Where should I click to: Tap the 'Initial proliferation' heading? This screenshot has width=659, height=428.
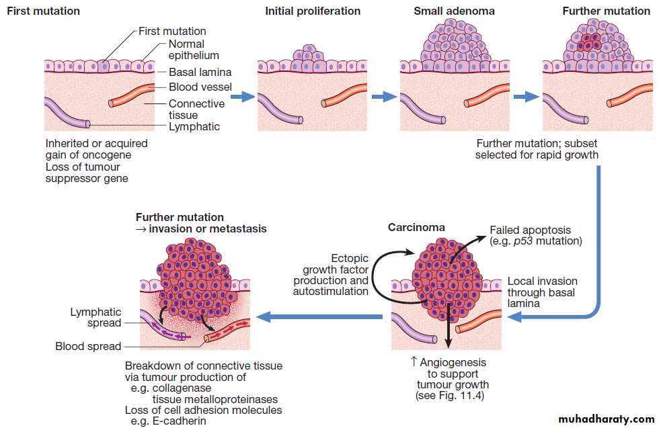(x=313, y=11)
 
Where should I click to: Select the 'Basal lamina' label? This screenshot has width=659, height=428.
(x=200, y=72)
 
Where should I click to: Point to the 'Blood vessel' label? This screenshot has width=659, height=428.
(x=200, y=87)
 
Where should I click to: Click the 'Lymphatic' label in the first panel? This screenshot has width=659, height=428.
(x=194, y=126)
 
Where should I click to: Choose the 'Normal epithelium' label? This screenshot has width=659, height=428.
(x=194, y=50)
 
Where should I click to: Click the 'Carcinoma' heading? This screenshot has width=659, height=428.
(x=416, y=227)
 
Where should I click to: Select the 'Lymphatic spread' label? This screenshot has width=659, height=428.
(x=95, y=317)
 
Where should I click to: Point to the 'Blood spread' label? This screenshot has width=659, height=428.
(x=88, y=346)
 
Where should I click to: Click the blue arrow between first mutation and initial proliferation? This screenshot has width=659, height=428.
(x=242, y=97)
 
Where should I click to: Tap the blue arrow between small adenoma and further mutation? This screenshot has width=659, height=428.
(x=526, y=97)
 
